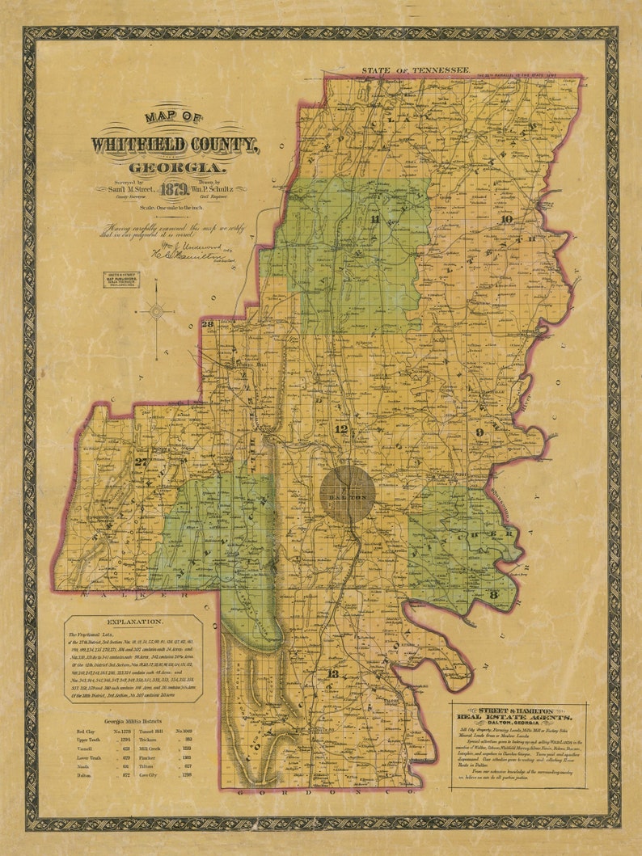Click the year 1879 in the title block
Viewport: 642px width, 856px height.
pos(175,192)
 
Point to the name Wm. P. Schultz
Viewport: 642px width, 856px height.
pos(217,188)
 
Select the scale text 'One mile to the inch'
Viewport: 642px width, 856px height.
pos(176,208)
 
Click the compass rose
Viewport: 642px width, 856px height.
pos(157,310)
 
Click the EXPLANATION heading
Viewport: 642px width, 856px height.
pos(133,622)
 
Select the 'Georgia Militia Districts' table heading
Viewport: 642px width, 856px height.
pos(133,720)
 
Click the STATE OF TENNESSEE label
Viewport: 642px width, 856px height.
pos(416,71)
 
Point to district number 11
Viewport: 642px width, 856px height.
pos(374,219)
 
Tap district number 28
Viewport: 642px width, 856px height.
pos(207,324)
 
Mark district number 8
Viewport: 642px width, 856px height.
pos(492,594)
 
